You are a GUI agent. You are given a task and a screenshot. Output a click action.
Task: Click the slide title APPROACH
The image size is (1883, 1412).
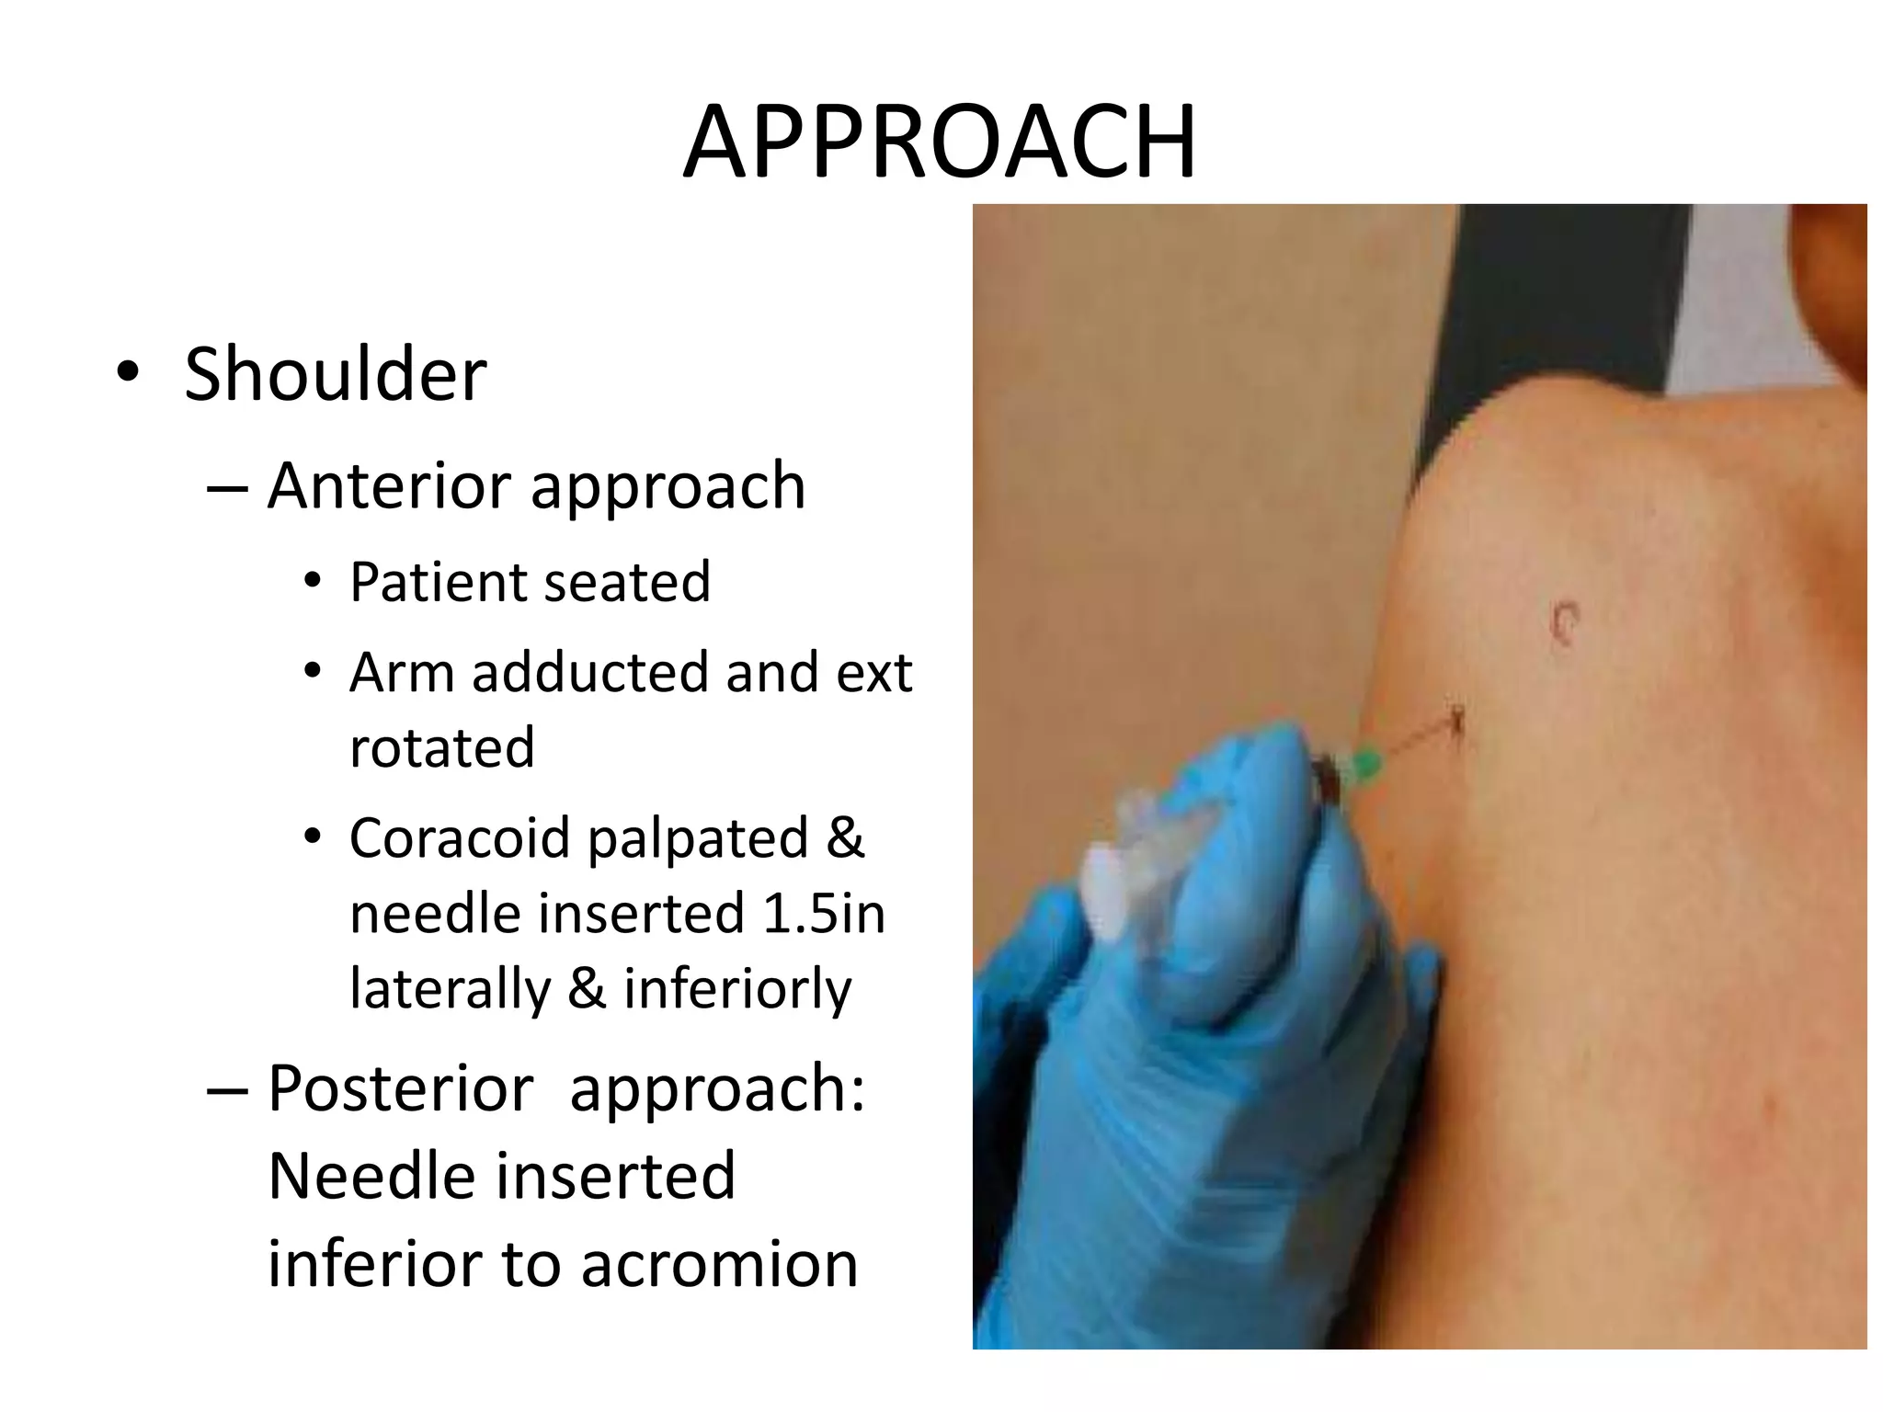tap(940, 143)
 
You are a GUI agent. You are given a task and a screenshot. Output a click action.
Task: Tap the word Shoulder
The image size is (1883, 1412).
tap(336, 374)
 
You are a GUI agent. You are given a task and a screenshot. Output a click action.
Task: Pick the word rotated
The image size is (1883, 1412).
tap(442, 747)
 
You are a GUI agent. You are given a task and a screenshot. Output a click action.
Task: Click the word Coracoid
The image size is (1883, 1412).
tap(460, 838)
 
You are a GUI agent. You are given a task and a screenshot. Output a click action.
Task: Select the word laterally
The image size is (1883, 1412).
tap(450, 989)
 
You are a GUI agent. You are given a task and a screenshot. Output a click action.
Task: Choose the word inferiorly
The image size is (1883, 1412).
tap(737, 989)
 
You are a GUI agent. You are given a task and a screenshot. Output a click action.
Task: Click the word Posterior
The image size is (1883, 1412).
tap(401, 1089)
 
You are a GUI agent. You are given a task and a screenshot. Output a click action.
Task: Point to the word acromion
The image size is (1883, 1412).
tap(720, 1265)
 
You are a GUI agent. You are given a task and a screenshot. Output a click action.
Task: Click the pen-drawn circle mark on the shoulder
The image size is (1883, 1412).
tap(1564, 622)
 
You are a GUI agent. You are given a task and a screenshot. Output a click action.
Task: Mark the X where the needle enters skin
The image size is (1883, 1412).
tap(1456, 720)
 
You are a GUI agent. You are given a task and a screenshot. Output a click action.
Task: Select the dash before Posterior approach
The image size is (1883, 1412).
tap(227, 1090)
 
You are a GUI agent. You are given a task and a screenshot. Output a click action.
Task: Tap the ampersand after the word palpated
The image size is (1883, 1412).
tap(845, 838)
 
